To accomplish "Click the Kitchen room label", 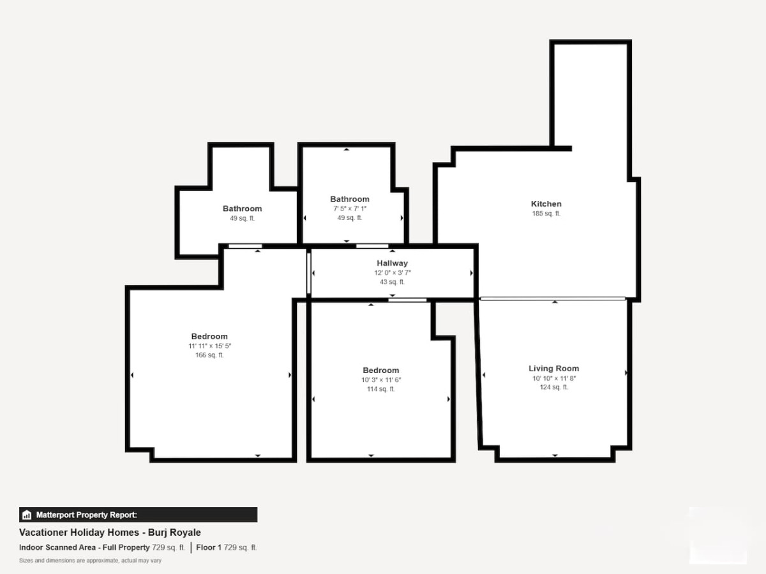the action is tap(546, 204).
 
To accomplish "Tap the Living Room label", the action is tap(554, 369).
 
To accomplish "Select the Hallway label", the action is tap(392, 263).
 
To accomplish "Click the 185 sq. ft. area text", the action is tap(546, 213).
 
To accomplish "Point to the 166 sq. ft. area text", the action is tap(209, 355).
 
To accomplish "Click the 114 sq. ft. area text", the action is tap(380, 388).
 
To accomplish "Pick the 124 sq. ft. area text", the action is tap(554, 387).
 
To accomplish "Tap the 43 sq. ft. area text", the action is tap(392, 282).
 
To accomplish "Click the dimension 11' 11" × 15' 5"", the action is tap(210, 346).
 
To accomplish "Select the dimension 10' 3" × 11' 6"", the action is tap(381, 379).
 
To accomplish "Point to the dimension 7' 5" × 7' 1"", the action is tap(350, 209).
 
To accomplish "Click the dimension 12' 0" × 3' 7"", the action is tap(392, 272).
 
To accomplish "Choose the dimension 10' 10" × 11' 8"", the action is tap(554, 378).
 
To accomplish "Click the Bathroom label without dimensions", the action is tap(242, 209).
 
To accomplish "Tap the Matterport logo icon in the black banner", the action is tap(27, 515).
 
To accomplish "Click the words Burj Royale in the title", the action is tap(174, 533).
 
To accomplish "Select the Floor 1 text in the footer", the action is tap(209, 547).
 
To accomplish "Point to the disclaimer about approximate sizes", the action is tap(91, 561).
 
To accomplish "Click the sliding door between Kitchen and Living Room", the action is tap(553, 298).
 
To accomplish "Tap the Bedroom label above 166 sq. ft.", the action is tap(209, 336).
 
